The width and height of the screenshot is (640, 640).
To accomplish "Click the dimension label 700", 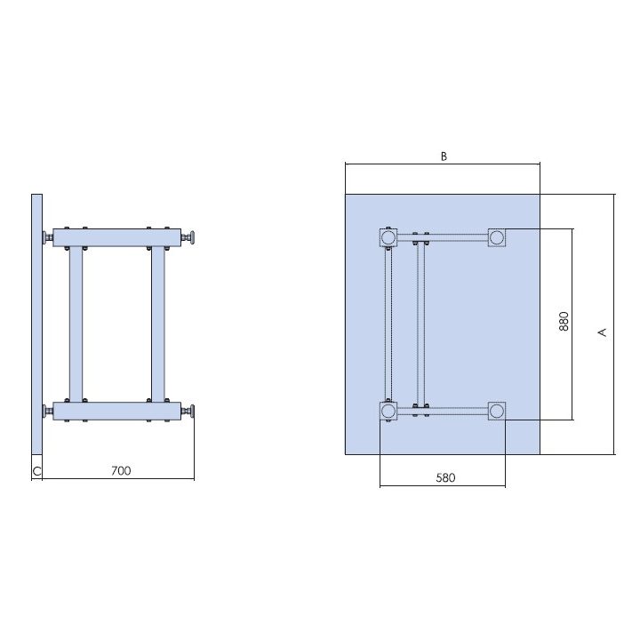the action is pyautogui.click(x=121, y=470).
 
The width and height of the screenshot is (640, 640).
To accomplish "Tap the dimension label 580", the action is pyautogui.click(x=445, y=477).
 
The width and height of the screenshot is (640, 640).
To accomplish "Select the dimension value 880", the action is pyautogui.click(x=564, y=321).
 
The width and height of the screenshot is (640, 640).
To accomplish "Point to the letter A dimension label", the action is pyautogui.click(x=602, y=332).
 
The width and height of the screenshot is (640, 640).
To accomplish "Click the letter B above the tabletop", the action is pyautogui.click(x=444, y=156).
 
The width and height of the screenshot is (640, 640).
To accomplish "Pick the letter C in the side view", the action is pyautogui.click(x=36, y=471).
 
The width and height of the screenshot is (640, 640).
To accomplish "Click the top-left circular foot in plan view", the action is pyautogui.click(x=388, y=237).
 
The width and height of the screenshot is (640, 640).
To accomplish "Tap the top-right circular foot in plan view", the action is pyautogui.click(x=497, y=237).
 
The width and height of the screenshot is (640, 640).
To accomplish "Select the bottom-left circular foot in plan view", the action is pyautogui.click(x=388, y=411).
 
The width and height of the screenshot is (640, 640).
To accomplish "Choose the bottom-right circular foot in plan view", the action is pyautogui.click(x=497, y=411).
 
